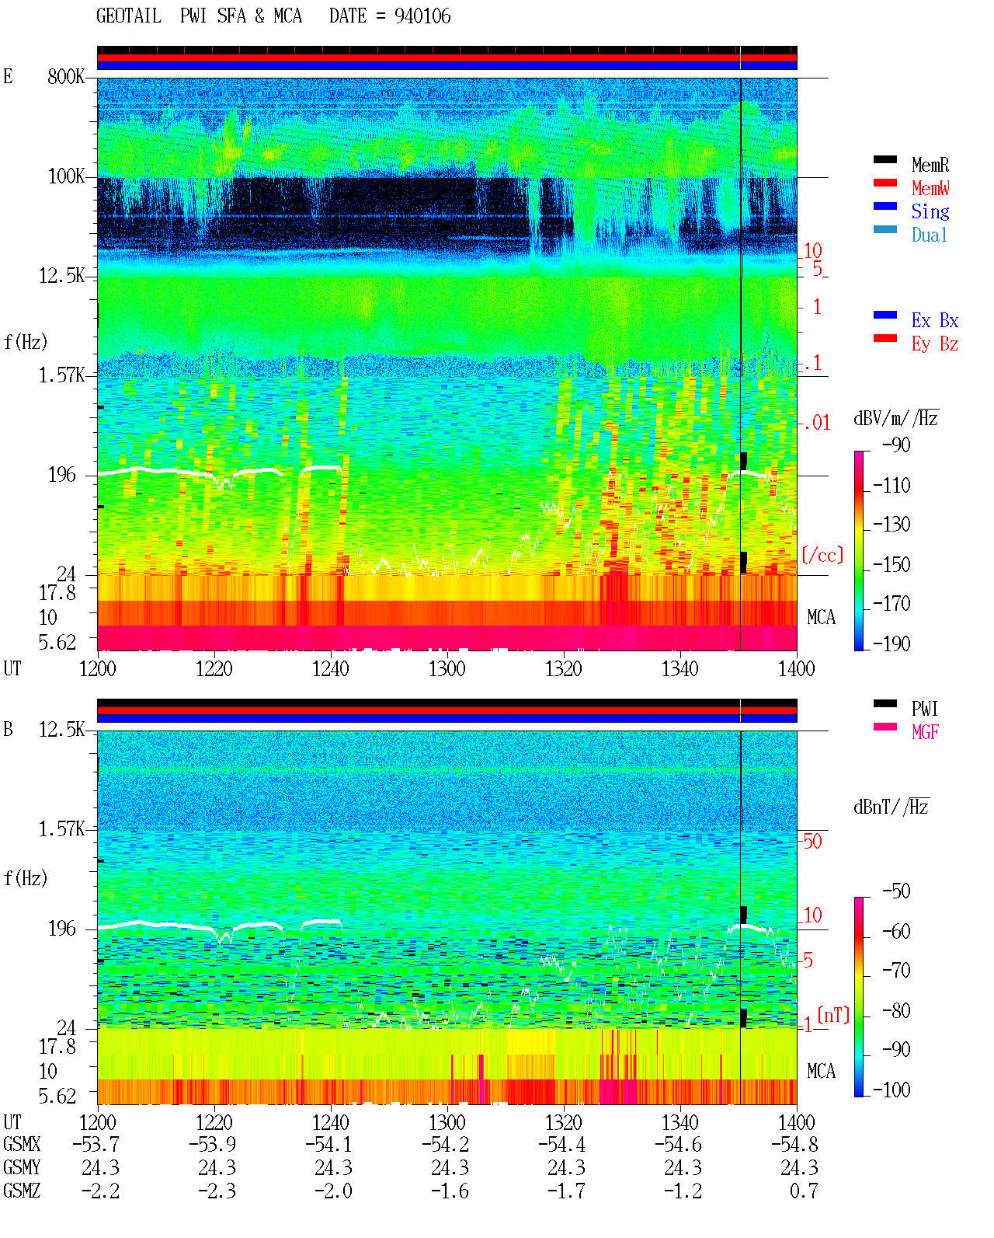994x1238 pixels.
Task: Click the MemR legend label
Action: coord(930,165)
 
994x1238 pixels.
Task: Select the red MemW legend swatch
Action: coord(885,183)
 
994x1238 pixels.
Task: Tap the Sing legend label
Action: coord(930,211)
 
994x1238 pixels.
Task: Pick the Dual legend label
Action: coord(929,235)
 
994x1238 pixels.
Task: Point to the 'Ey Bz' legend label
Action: coord(934,344)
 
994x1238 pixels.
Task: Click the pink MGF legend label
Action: coord(925,732)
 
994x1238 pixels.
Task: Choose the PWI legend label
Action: coord(924,708)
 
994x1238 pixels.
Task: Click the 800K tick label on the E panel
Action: coord(66,76)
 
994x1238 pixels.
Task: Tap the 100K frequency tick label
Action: coord(66,176)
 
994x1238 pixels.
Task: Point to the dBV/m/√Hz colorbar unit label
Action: coord(895,418)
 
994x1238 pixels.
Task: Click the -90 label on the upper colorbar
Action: coord(896,445)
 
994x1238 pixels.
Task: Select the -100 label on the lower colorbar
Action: coord(891,1090)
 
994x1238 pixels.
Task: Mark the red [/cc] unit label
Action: coord(822,555)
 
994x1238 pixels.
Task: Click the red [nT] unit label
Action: coord(833,1014)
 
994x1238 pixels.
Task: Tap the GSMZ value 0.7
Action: coord(804,1191)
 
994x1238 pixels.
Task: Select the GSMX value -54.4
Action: coord(561,1144)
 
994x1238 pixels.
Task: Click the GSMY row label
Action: coord(22,1167)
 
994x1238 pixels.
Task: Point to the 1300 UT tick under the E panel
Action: coord(447,668)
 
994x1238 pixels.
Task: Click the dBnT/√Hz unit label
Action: coord(891,807)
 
